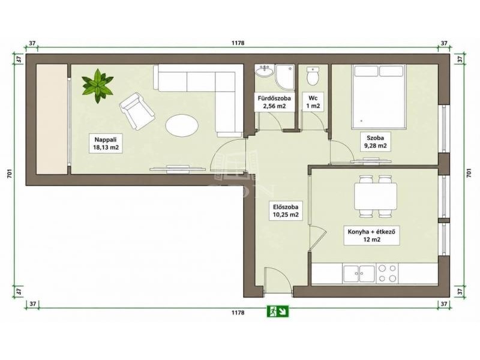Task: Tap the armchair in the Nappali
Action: click(137, 111)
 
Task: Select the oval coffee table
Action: click(182, 125)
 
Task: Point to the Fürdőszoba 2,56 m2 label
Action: click(274, 102)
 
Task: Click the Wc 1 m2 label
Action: click(313, 102)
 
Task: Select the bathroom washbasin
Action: click(264, 71)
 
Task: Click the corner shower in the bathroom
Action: click(284, 77)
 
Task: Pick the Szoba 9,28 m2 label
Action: click(376, 142)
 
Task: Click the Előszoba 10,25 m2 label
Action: click(286, 211)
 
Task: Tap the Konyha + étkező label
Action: click(371, 235)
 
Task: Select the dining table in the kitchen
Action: click(376, 196)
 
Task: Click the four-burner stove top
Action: click(387, 274)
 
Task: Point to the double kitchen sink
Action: click(359, 274)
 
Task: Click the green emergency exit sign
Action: click(278, 311)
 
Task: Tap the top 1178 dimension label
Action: click(238, 43)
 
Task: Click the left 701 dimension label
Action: click(10, 173)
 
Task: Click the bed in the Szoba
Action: click(379, 96)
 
